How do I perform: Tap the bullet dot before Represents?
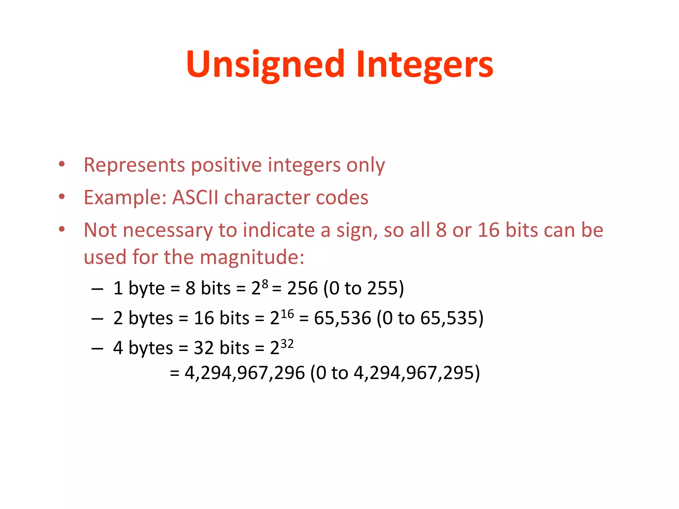coord(62,164)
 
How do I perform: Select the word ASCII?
coord(195,198)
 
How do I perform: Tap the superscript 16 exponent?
coord(287,313)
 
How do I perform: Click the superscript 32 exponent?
coord(287,344)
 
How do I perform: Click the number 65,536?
coord(342,318)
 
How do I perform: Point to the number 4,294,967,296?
coord(244,373)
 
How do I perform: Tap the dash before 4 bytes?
coord(97,349)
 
